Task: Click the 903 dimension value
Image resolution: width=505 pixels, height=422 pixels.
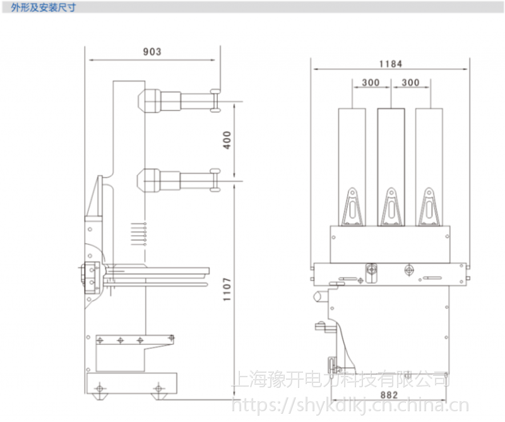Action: point(151,52)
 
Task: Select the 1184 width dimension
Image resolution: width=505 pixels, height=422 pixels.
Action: point(391,63)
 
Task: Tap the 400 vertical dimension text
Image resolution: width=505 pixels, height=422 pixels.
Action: point(227,140)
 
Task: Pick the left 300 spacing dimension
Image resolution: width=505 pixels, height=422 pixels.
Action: point(371,82)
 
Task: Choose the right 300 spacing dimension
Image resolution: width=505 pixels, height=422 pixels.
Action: point(410,82)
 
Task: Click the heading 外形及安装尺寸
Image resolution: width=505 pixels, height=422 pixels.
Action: point(39,8)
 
